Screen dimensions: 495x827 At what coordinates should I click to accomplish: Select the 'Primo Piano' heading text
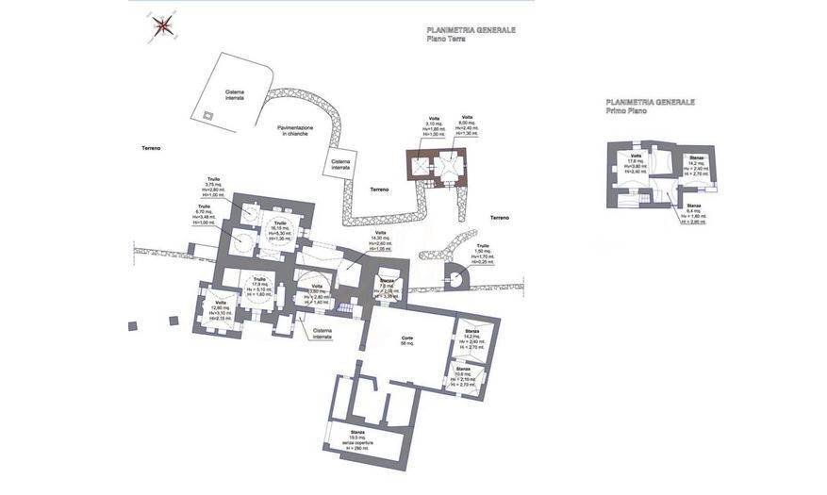click(x=626, y=111)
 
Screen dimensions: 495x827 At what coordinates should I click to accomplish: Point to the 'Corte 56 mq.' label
click(x=406, y=340)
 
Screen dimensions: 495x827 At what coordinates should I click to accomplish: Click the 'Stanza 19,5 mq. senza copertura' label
click(x=356, y=439)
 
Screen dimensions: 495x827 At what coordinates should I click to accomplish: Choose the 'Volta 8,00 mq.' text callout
click(x=467, y=124)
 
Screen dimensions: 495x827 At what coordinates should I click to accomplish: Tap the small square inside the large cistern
click(x=207, y=115)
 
